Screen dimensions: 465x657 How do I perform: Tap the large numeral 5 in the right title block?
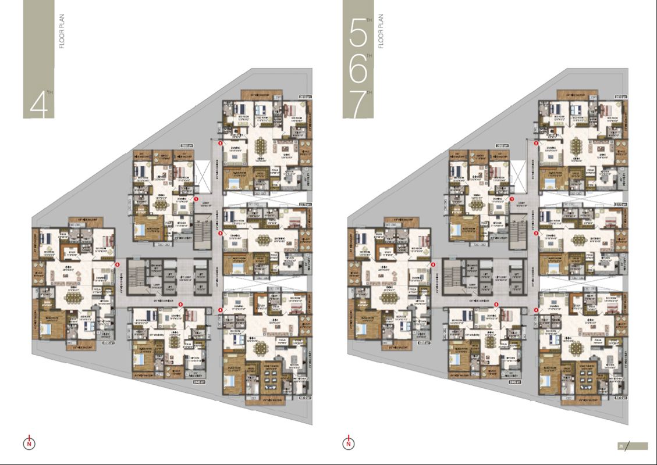point(357,36)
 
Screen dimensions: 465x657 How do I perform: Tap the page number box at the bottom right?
point(621,446)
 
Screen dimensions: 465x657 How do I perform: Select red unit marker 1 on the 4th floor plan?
point(196,199)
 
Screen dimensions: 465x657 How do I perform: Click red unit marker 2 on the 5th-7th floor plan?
point(535,142)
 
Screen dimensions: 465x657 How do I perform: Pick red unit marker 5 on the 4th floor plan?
point(180,305)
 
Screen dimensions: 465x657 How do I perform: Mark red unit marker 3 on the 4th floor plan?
point(220,233)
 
